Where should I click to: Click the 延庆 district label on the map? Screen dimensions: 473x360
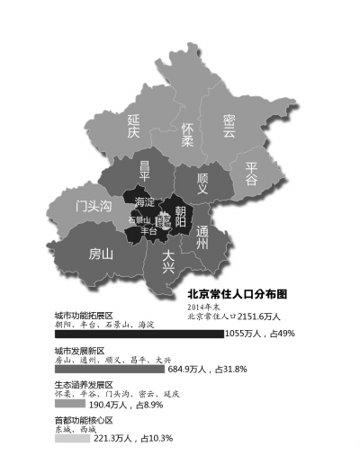coord(133,126)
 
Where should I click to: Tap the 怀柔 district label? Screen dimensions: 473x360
coord(187,135)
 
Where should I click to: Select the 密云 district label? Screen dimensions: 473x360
coord(229,126)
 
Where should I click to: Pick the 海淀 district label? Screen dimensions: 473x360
coord(144,201)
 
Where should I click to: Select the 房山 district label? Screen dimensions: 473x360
coord(100,254)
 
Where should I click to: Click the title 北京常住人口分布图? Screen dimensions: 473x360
coord(238,294)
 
